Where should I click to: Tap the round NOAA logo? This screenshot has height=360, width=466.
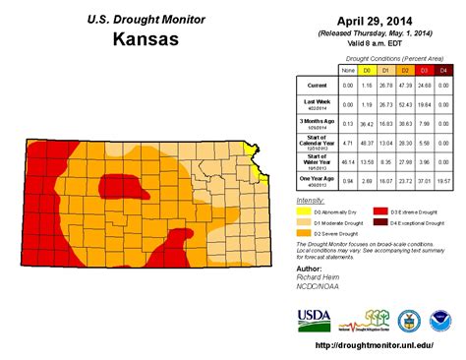(440, 319)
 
